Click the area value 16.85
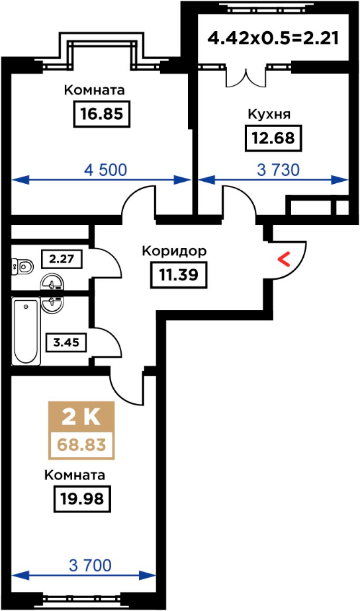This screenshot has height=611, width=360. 101,114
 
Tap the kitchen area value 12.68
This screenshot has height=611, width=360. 273,138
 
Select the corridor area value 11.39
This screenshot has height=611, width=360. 179,275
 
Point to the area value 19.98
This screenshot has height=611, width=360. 82,499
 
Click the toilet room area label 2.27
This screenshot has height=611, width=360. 62,259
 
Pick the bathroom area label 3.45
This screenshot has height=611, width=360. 66,343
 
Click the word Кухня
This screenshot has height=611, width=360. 269,114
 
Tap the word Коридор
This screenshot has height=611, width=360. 174,252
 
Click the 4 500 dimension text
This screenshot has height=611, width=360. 106,170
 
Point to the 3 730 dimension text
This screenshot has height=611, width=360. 279,170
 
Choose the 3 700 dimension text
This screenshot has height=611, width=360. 90,565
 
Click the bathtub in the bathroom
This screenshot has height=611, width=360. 26,332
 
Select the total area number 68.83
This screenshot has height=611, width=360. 81,444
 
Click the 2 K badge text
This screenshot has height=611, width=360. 81,418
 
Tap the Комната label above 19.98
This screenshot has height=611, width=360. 75,475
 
